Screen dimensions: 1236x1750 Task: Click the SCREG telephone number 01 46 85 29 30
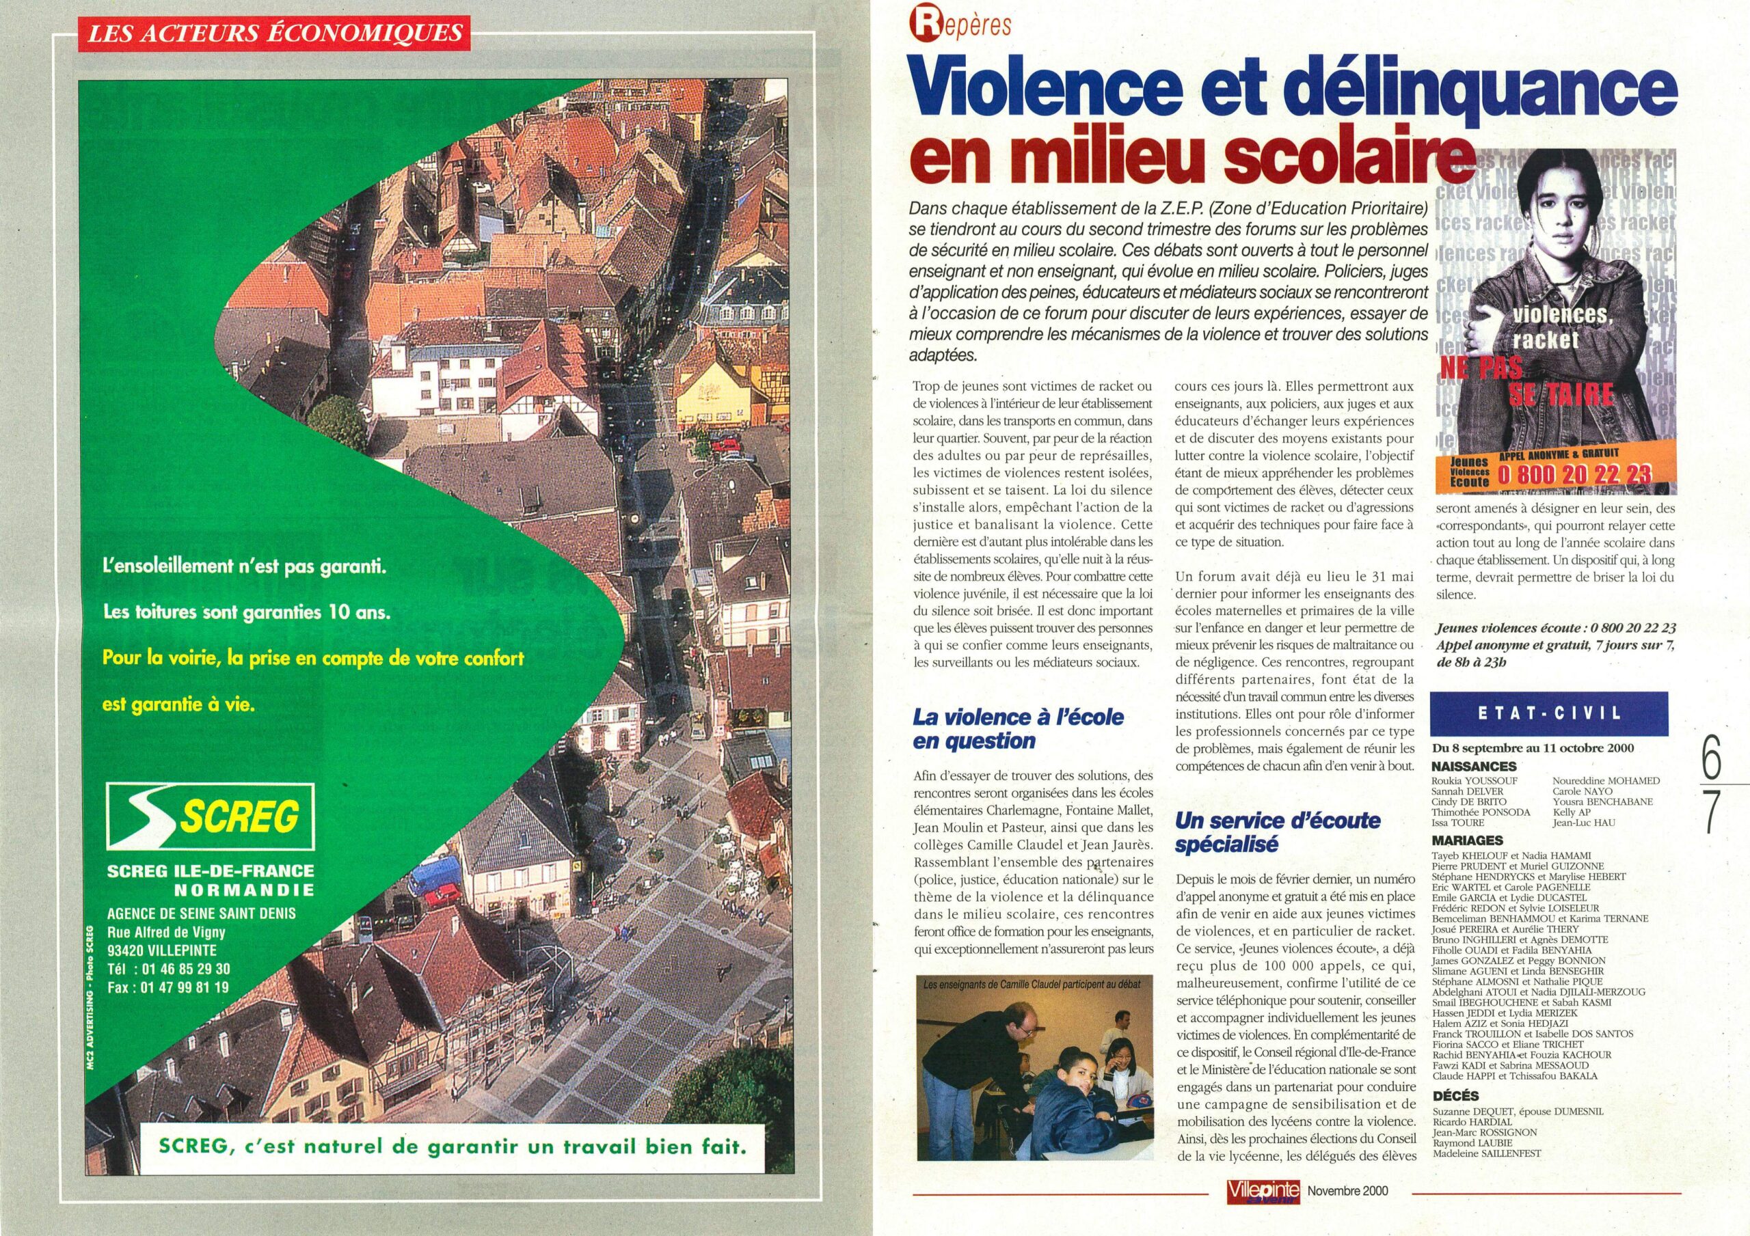coord(180,969)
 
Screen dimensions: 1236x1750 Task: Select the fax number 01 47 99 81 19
coord(180,987)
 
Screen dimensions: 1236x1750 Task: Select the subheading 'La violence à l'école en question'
coord(1018,728)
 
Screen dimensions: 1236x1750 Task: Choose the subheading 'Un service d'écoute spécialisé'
coord(1278,832)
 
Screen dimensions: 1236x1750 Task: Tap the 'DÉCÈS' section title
coord(1455,1096)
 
